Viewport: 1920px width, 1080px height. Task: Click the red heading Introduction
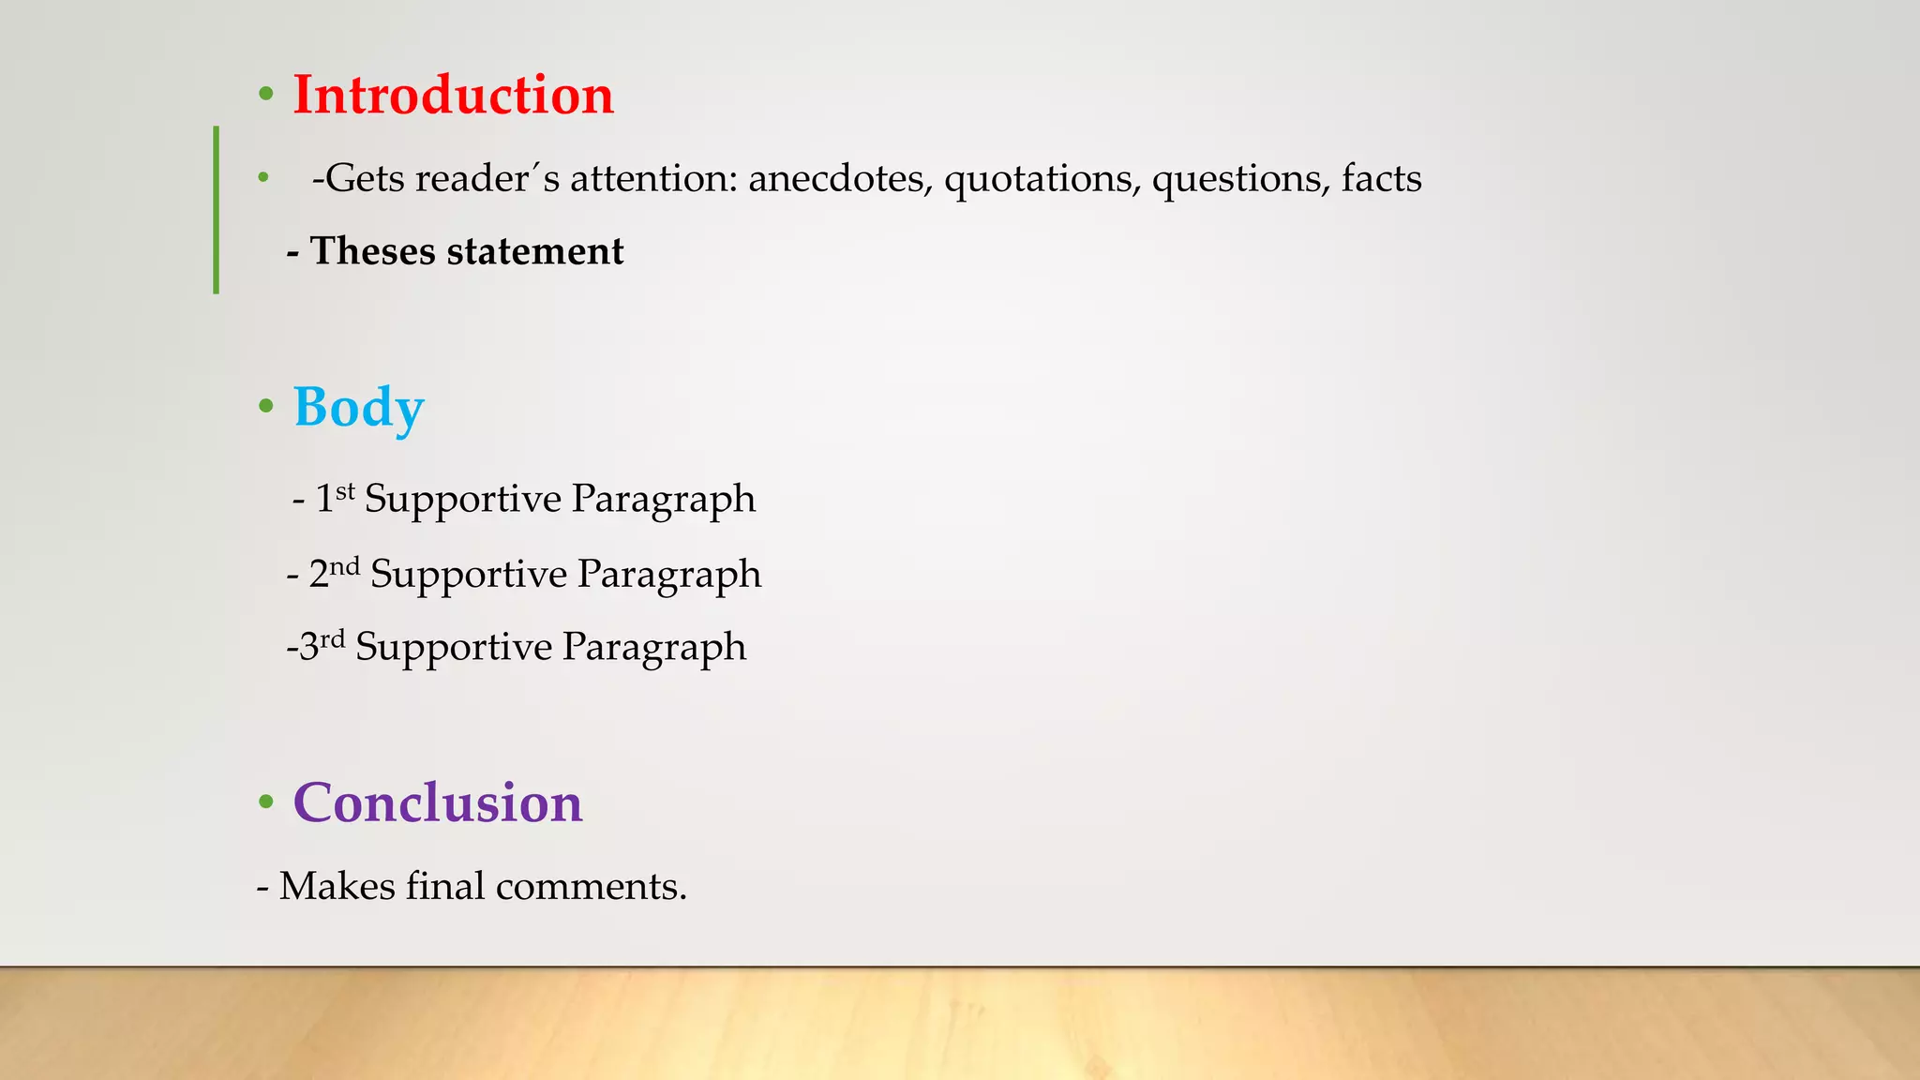click(453, 96)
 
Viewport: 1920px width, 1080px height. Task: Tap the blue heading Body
click(358, 409)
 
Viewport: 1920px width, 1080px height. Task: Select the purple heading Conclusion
click(438, 803)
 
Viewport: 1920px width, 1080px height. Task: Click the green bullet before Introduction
click(266, 95)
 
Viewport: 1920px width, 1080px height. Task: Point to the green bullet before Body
click(266, 407)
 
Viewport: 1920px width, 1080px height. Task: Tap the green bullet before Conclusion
click(266, 802)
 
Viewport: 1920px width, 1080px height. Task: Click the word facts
click(1381, 178)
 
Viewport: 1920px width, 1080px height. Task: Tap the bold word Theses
click(372, 251)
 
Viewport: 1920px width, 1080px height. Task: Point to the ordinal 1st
click(335, 498)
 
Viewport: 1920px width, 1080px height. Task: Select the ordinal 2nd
click(334, 573)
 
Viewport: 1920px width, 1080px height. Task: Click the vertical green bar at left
click(217, 210)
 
